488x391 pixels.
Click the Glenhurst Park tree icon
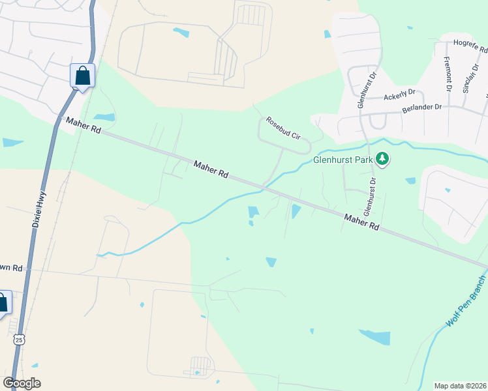point(382,159)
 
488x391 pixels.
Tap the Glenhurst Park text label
point(343,159)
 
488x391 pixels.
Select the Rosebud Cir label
point(282,128)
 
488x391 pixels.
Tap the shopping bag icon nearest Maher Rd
point(83,76)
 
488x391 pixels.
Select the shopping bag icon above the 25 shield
point(2,303)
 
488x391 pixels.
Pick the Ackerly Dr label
point(399,96)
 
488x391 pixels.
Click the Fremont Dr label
point(448,74)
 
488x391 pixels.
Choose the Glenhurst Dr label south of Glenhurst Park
point(370,196)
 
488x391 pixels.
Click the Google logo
point(22,383)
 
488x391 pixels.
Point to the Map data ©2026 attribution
point(461,386)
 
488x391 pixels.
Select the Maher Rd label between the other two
point(210,170)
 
